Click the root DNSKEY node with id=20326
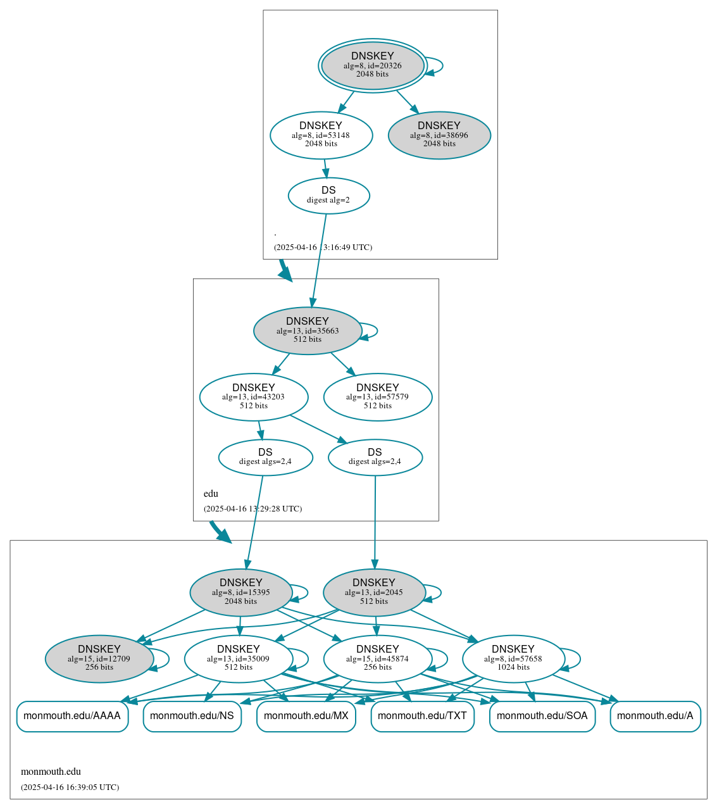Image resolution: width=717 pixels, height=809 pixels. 373,65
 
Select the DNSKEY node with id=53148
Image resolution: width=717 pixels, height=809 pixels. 321,135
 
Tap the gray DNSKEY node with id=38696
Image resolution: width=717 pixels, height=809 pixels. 439,135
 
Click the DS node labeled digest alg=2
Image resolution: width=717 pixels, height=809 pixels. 328,195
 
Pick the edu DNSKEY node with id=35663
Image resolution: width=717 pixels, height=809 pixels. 308,330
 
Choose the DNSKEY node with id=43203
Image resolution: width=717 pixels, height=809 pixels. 254,397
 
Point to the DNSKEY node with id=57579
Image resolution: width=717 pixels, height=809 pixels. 378,397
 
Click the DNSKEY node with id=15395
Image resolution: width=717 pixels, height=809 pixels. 241,592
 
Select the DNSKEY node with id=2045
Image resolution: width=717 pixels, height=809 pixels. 374,592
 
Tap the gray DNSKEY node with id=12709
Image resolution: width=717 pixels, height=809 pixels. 99,658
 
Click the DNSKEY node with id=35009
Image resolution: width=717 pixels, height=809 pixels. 239,658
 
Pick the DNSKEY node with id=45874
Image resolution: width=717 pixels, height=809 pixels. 378,658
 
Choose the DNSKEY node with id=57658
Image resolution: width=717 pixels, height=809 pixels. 513,658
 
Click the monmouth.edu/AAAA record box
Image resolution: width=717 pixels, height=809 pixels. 72,716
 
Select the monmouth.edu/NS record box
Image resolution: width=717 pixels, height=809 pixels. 192,716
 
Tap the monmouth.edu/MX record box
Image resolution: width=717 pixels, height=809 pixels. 306,716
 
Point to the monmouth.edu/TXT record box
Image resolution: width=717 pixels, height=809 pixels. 422,716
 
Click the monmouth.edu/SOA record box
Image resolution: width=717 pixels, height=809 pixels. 542,716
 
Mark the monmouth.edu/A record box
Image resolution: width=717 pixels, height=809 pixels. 655,716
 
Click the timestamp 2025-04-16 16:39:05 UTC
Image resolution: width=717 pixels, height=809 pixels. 70,787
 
